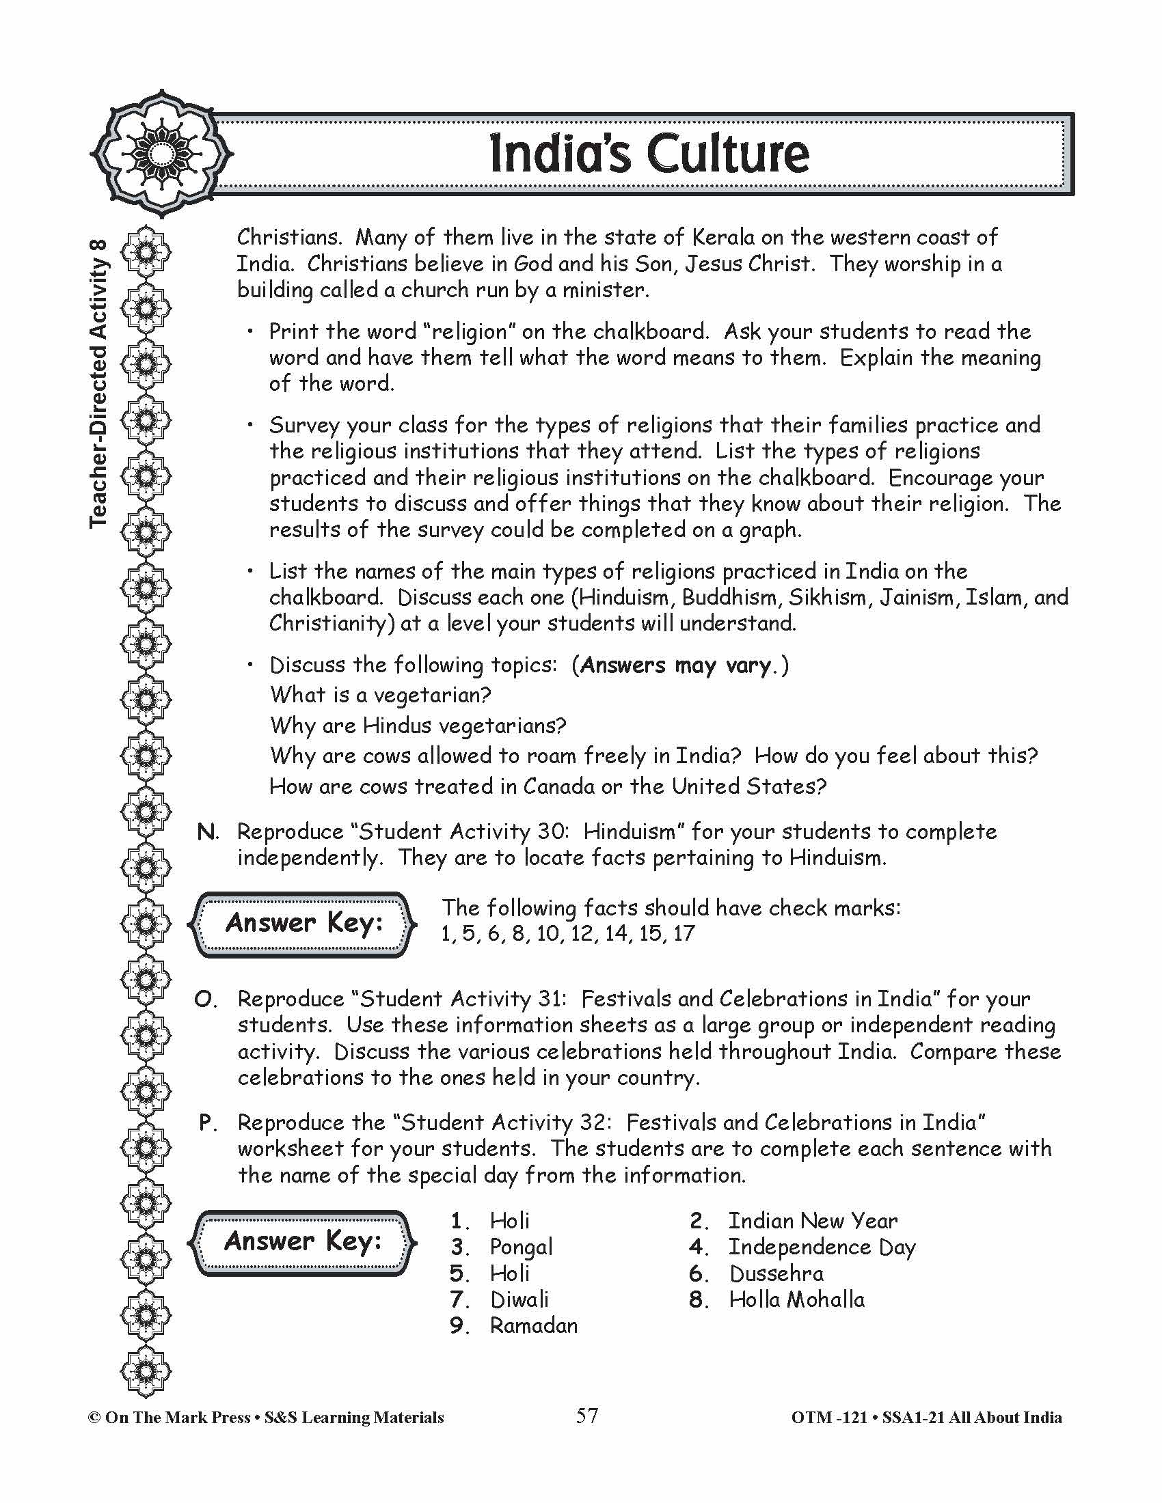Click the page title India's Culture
649,154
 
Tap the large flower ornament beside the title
161,153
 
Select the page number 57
586,1416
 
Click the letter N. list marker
207,832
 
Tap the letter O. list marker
206,999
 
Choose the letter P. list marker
207,1123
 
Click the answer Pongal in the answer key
521,1247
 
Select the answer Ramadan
534,1325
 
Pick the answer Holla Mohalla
796,1299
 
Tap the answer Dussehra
776,1273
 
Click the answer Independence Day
822,1247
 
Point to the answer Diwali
519,1299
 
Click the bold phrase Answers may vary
676,665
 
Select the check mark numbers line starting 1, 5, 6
568,934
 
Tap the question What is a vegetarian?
380,695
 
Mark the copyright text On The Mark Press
178,1418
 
